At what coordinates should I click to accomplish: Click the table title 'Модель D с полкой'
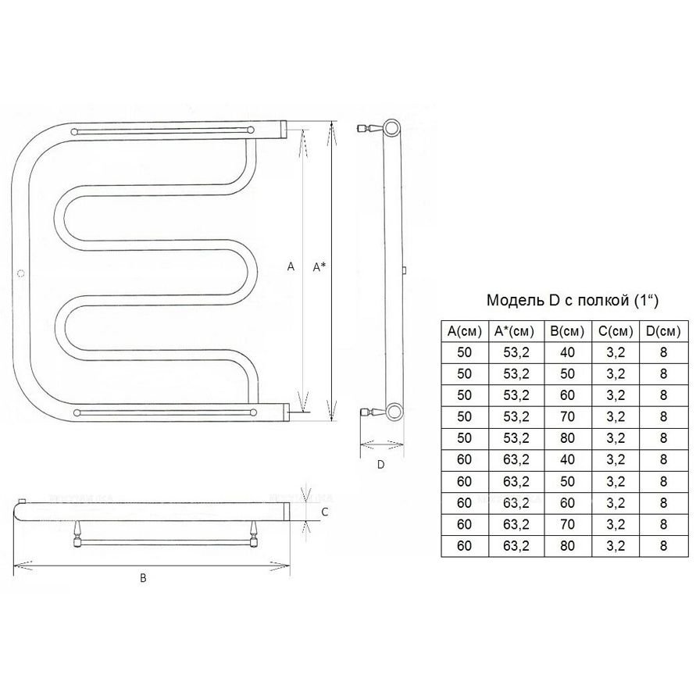[x=558, y=301]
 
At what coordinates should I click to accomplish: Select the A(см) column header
[x=464, y=331]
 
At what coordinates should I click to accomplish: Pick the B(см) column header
[x=568, y=331]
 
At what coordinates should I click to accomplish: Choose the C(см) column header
[x=616, y=331]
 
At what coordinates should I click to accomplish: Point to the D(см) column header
[x=663, y=331]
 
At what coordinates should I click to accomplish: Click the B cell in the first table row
[x=568, y=352]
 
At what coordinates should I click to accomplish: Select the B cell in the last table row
[x=568, y=545]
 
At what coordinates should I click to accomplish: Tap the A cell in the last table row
[x=464, y=545]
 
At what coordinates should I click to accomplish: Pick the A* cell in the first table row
[x=516, y=352]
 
